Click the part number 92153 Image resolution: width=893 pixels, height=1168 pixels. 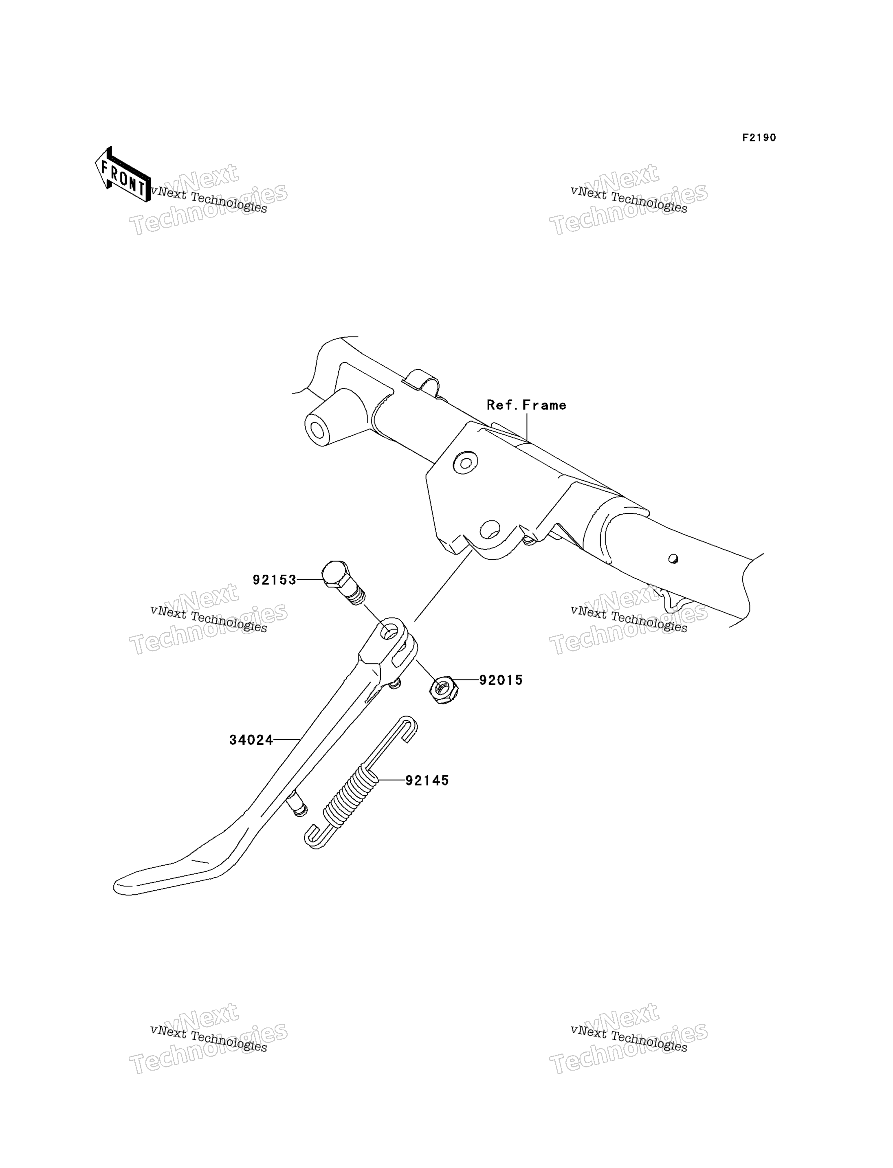[274, 580]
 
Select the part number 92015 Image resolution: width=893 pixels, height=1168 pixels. [501, 680]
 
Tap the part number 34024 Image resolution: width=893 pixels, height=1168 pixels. [251, 740]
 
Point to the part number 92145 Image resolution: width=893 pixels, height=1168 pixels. [427, 781]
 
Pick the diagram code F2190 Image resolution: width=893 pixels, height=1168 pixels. [760, 138]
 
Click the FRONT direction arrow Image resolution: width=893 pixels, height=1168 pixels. [123, 174]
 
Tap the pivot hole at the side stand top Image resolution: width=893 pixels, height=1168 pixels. [391, 631]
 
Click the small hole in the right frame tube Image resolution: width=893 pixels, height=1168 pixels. [673, 559]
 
